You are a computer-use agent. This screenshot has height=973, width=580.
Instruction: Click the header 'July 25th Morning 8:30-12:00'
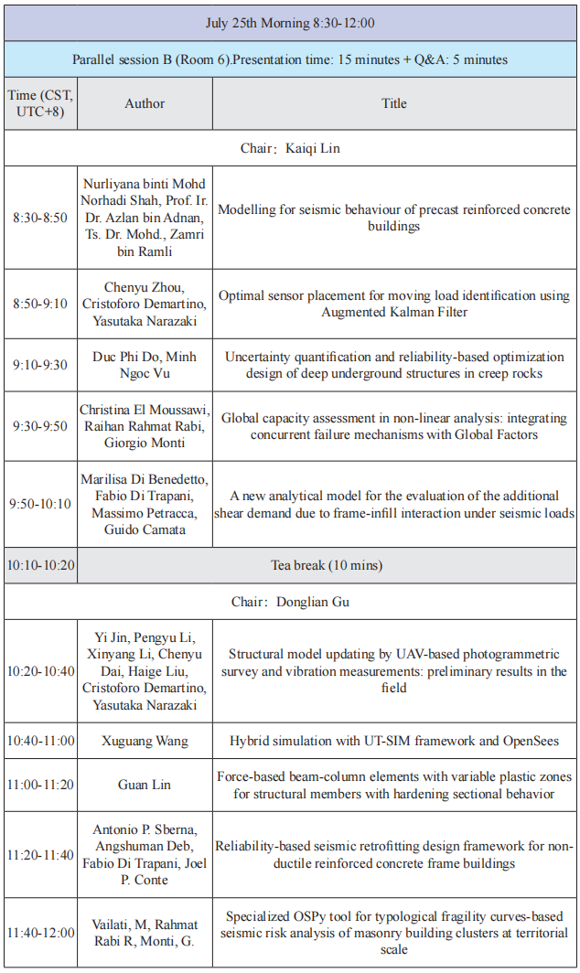point(290,23)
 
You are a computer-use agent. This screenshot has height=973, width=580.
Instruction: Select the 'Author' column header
point(145,103)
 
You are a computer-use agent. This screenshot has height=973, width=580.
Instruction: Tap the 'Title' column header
point(394,103)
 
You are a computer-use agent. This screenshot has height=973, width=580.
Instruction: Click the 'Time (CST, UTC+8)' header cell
point(40,103)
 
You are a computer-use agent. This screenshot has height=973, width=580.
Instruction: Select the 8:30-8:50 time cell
point(40,218)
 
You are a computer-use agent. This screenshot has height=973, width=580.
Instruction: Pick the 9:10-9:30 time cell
point(40,365)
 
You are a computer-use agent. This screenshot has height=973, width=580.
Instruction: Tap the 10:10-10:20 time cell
point(40,565)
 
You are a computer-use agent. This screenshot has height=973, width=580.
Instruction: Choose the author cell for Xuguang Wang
point(145,740)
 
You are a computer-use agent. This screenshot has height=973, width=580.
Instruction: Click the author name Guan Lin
point(145,786)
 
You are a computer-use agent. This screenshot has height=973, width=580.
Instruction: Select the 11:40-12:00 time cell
point(40,933)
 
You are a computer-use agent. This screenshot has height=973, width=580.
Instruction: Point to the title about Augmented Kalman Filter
point(394,304)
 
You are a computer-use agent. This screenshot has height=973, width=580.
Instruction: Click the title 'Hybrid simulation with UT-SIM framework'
point(394,740)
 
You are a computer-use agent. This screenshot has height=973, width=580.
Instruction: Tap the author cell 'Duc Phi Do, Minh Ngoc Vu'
point(145,365)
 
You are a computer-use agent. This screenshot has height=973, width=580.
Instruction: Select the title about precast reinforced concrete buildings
point(394,218)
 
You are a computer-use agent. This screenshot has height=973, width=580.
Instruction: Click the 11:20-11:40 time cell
point(40,854)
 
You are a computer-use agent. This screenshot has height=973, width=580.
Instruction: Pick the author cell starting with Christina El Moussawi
point(145,426)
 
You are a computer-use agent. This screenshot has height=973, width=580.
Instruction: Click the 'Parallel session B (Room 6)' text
point(290,59)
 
